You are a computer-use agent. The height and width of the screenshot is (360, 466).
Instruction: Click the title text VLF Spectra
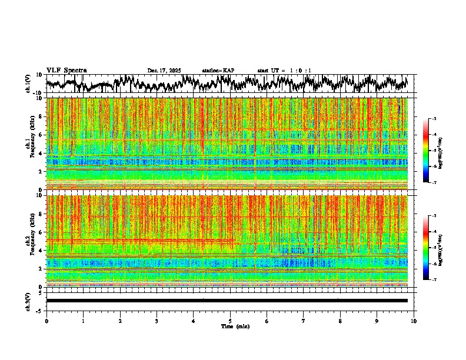click(66, 71)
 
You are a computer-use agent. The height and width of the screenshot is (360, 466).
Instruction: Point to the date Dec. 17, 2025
click(164, 71)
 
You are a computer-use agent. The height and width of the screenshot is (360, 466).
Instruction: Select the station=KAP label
click(218, 71)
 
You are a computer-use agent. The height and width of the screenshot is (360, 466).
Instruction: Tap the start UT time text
click(284, 71)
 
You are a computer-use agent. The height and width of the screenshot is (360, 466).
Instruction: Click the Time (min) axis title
click(235, 326)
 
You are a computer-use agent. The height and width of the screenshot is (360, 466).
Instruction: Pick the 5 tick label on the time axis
click(230, 321)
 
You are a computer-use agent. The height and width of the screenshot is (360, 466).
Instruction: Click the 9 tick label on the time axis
click(377, 321)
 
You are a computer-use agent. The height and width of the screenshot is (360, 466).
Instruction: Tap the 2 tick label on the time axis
click(120, 321)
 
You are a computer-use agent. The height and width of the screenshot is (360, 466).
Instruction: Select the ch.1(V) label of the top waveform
click(28, 84)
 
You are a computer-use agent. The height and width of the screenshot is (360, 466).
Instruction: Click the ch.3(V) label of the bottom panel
click(28, 301)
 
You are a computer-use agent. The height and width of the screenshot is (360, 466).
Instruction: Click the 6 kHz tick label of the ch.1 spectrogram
click(41, 135)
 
